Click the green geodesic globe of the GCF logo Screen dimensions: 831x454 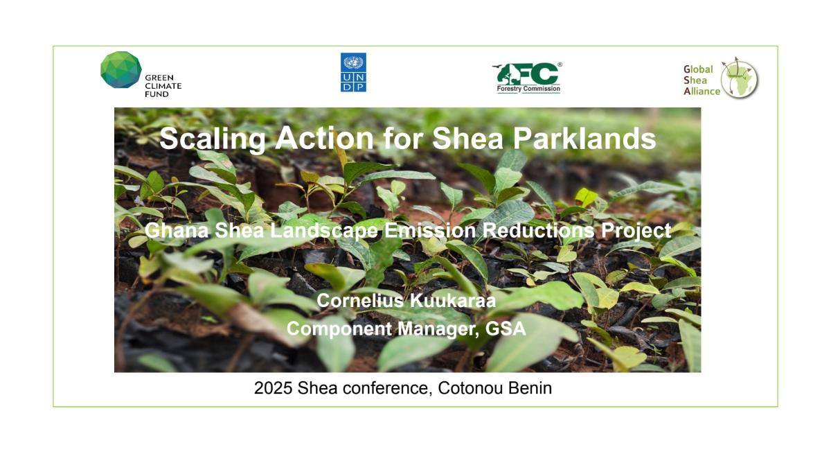pyautogui.click(x=121, y=70)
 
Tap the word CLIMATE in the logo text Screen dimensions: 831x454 pyautogui.click(x=163, y=86)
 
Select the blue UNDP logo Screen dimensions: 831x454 pyautogui.click(x=353, y=72)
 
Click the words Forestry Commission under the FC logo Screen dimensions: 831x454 pyautogui.click(x=528, y=89)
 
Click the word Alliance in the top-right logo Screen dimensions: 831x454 pyautogui.click(x=702, y=91)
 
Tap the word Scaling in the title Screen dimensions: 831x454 pyautogui.click(x=212, y=139)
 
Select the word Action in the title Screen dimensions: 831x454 pyautogui.click(x=324, y=138)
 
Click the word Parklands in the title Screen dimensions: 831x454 pyautogui.click(x=584, y=138)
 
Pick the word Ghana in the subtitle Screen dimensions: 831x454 pyautogui.click(x=177, y=230)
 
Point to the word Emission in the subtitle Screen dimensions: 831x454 pyautogui.click(x=430, y=230)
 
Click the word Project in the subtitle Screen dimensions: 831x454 pyautogui.click(x=636, y=231)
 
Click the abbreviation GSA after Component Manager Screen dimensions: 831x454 pyautogui.click(x=506, y=329)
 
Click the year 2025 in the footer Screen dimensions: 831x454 pyautogui.click(x=274, y=388)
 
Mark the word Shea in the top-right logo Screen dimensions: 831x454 pyautogui.click(x=695, y=80)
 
